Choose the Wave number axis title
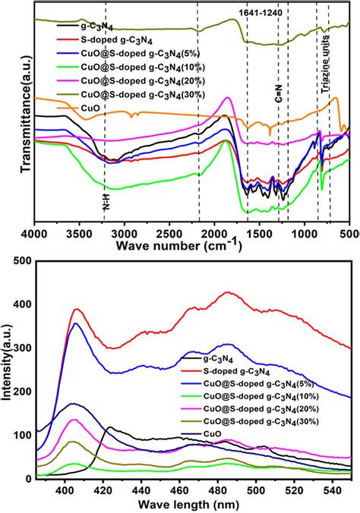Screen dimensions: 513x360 pyautogui.click(x=179, y=243)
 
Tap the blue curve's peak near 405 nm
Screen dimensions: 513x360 pyautogui.click(x=75, y=324)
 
